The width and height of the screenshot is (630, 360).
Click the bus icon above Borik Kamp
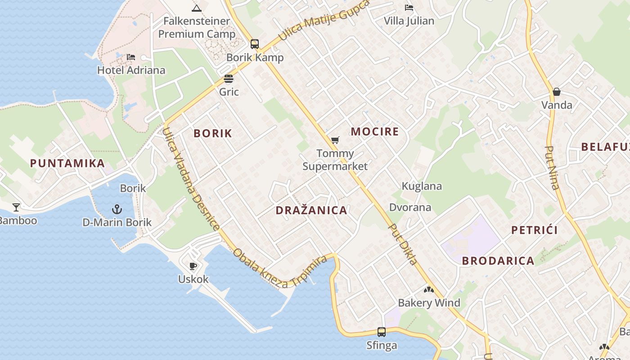pyautogui.click(x=255, y=44)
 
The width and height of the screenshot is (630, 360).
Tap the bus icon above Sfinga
pyautogui.click(x=382, y=332)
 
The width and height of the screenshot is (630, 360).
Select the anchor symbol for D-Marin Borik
pyautogui.click(x=117, y=209)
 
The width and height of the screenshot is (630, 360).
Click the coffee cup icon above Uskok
pyautogui.click(x=193, y=266)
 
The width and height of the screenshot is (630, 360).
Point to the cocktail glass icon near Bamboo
pyautogui.click(x=16, y=207)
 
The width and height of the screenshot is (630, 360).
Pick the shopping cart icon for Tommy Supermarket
pyautogui.click(x=335, y=140)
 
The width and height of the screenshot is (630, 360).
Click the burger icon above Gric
pyautogui.click(x=229, y=79)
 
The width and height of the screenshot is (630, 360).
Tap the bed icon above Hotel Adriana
pyautogui.click(x=131, y=57)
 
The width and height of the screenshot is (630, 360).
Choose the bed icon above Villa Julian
pyautogui.click(x=409, y=8)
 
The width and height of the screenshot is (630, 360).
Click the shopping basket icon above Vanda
pyautogui.click(x=557, y=92)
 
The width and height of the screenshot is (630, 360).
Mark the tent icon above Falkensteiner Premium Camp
pyautogui.click(x=196, y=8)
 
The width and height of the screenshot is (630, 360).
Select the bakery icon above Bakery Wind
pyautogui.click(x=429, y=290)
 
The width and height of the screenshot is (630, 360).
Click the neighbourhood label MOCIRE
pyautogui.click(x=375, y=132)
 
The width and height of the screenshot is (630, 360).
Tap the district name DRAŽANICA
pyautogui.click(x=311, y=210)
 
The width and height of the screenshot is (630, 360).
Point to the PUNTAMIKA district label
pyautogui.click(x=67, y=163)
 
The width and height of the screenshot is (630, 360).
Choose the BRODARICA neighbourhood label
pyautogui.click(x=498, y=261)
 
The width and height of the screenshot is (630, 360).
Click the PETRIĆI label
pyautogui.click(x=535, y=230)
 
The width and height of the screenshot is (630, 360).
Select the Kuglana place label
pyautogui.click(x=422, y=186)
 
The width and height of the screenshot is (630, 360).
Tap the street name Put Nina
pyautogui.click(x=552, y=167)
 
